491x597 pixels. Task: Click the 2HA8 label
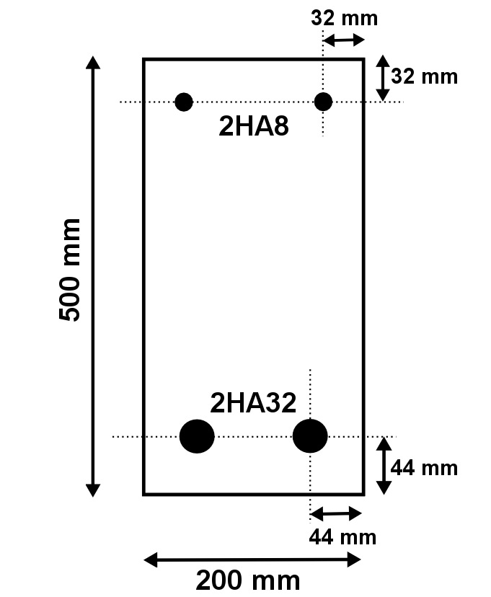pos(254,126)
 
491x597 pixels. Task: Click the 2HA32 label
pos(253,403)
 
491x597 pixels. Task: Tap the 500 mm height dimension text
pos(70,270)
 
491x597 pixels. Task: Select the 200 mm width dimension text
pos(248,580)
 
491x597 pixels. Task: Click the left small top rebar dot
pos(184,102)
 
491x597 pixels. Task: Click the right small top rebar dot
pos(323,102)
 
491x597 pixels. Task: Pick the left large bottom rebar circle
pos(197,436)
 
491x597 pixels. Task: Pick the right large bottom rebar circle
pos(310,436)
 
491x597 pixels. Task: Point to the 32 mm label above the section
pos(345,18)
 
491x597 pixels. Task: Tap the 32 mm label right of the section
pos(425,76)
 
